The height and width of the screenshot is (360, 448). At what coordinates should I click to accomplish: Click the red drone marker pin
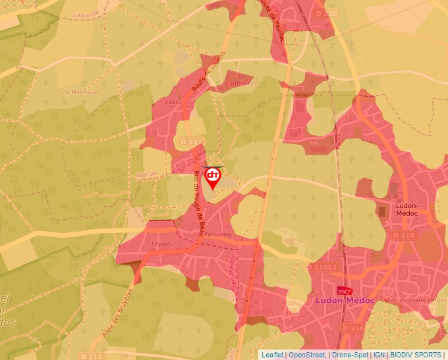tap(213, 177)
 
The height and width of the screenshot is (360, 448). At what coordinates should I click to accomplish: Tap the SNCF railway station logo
tap(343, 290)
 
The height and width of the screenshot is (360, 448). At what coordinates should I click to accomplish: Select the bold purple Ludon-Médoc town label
tap(345, 300)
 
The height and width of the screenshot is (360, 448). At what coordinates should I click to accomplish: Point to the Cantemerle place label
tap(241, 84)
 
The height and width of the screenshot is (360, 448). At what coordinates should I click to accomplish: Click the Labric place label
tap(173, 102)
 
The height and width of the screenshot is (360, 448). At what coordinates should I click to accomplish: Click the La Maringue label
tap(80, 92)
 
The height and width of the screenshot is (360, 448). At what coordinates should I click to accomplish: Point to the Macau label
tap(146, 176)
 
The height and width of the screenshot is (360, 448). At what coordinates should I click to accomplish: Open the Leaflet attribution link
tap(272, 355)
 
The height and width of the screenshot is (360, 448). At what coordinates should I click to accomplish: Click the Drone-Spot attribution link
tap(350, 355)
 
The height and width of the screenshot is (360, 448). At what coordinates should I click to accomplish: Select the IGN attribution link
tap(379, 355)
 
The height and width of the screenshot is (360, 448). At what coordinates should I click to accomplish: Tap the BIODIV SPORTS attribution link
tap(416, 355)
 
